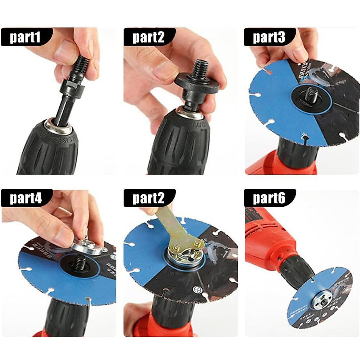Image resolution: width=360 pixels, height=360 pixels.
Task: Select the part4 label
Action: coord(25,198)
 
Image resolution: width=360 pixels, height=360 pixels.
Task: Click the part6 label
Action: coord(269,198)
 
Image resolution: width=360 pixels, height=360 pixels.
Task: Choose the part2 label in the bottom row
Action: coord(148,198)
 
